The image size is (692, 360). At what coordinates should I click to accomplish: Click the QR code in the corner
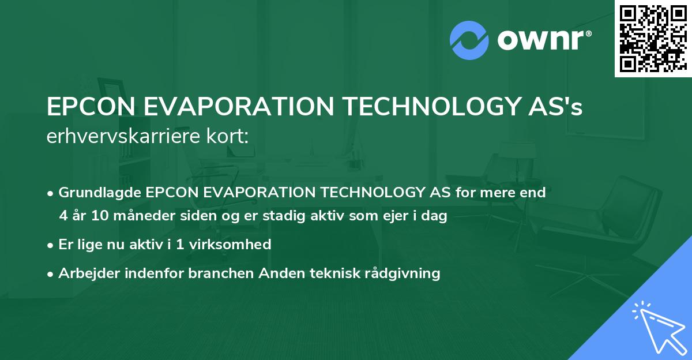[652, 38]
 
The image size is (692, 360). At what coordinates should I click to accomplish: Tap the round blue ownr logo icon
[469, 40]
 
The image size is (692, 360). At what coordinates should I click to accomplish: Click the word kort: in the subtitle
[228, 136]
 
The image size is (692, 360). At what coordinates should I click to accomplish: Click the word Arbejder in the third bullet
[84, 273]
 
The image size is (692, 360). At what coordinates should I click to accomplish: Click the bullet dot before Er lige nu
[51, 245]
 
